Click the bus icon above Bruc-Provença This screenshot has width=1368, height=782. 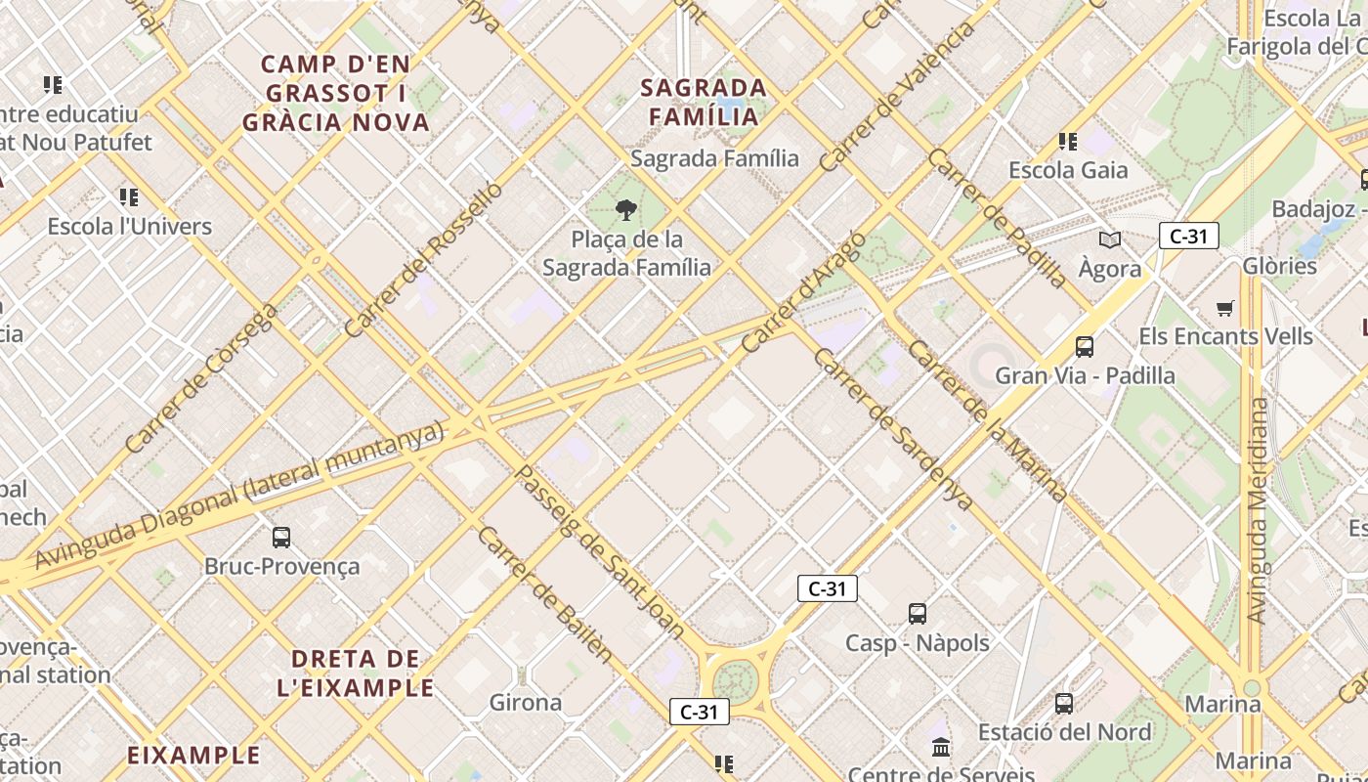[x=281, y=537]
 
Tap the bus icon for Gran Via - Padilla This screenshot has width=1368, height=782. [x=1084, y=346]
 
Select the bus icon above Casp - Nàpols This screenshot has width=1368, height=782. [x=917, y=614]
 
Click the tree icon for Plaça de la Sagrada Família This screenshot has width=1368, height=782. [x=625, y=209]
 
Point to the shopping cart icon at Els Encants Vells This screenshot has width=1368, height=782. [x=1224, y=308]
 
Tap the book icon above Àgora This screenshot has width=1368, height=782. [x=1109, y=239]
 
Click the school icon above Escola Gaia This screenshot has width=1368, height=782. [x=1068, y=142]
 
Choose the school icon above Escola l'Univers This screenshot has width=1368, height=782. [x=128, y=197]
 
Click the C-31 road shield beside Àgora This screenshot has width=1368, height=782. [x=1188, y=236]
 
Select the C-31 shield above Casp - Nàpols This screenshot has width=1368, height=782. [x=827, y=588]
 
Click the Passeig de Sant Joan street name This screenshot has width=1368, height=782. [x=599, y=552]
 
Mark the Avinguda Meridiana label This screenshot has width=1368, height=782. [x=1259, y=509]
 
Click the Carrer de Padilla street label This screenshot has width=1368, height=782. [x=997, y=218]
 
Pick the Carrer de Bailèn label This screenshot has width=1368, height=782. [x=545, y=594]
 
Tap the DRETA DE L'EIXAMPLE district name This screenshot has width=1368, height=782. [x=356, y=673]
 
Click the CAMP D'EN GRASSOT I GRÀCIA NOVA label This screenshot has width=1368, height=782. [x=336, y=94]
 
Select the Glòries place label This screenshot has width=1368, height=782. [x=1279, y=266]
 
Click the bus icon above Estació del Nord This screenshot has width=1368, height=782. [x=1063, y=703]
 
